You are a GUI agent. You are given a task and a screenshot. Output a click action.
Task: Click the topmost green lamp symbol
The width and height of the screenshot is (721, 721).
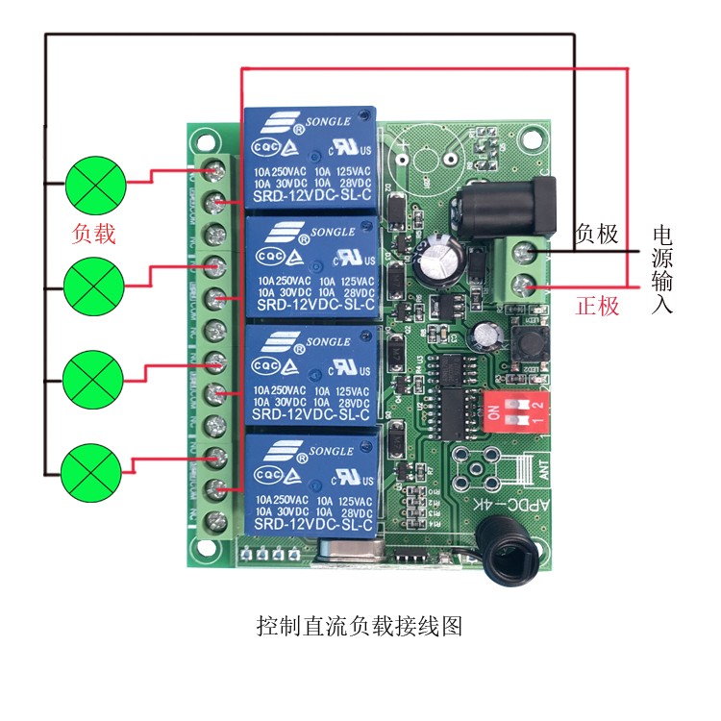95,186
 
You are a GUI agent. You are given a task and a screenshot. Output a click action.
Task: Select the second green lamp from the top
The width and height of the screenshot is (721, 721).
93,284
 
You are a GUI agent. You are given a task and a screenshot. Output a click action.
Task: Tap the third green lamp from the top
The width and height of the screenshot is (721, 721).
93,377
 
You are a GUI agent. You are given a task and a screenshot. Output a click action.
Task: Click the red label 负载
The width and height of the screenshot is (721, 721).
94,235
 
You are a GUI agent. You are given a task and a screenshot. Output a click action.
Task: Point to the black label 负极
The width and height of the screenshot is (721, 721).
596,234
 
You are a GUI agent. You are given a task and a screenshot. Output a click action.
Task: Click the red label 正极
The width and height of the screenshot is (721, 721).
597,308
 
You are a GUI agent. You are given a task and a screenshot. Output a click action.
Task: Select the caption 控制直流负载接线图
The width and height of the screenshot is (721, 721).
360,627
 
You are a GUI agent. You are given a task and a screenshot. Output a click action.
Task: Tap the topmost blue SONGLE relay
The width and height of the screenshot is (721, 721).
310,159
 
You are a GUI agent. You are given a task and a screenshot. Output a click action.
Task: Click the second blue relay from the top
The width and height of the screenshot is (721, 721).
310,267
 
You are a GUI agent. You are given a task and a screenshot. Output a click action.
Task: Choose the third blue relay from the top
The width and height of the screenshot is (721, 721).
310,376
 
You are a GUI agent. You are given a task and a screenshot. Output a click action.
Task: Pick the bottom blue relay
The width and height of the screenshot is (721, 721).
310,485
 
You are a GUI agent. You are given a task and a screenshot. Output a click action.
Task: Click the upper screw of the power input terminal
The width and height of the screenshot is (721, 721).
524,252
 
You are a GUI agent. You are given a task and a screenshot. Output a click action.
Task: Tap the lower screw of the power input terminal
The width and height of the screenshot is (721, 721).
524,285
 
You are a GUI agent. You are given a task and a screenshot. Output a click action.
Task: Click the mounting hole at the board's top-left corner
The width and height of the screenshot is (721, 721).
205,139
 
